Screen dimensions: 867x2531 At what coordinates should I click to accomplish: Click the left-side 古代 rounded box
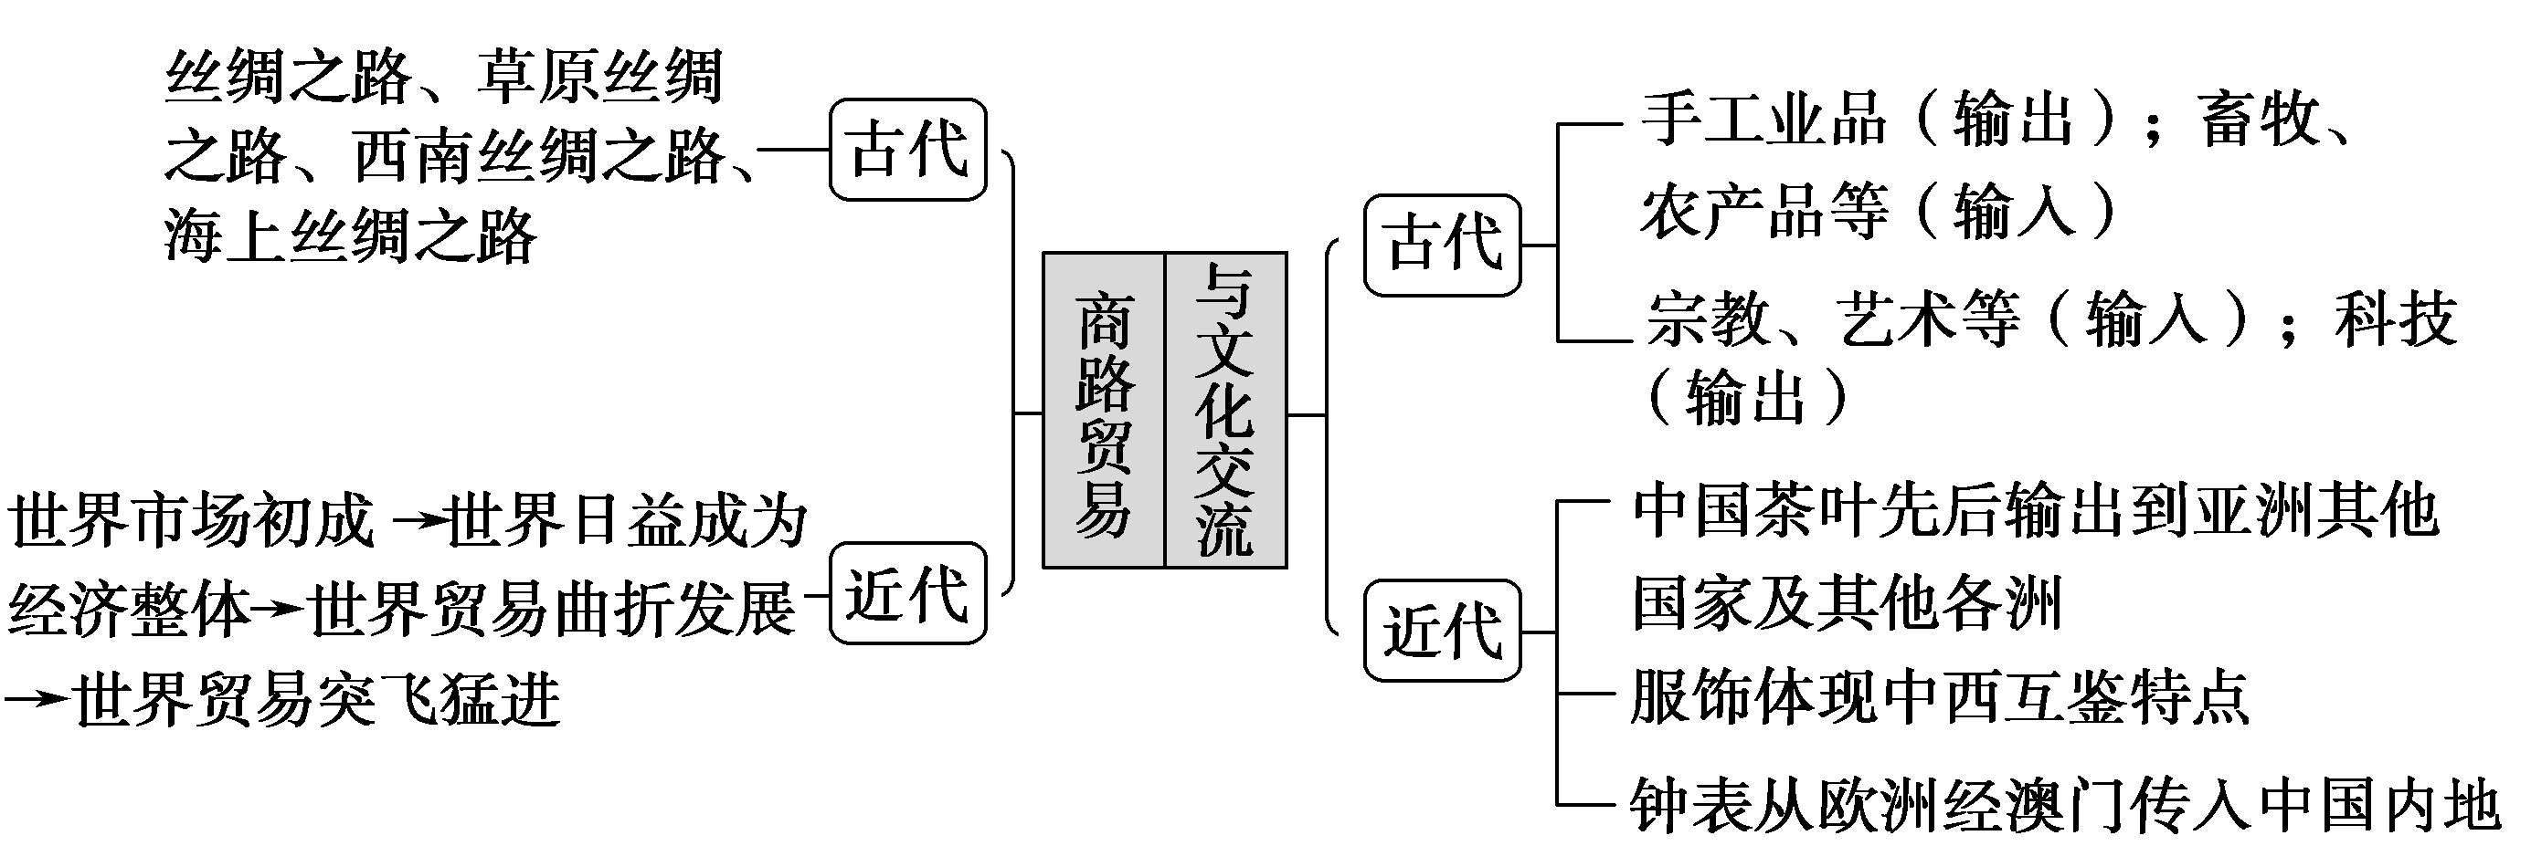coord(907,150)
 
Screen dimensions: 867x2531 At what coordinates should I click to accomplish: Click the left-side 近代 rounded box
coord(907,593)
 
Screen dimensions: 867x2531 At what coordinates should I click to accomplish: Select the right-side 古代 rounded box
coord(1441,245)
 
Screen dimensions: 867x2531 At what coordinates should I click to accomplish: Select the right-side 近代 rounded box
coord(1441,631)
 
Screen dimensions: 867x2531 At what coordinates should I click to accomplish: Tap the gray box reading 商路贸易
coord(1104,411)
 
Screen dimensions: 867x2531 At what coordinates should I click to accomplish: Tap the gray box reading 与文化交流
coord(1225,411)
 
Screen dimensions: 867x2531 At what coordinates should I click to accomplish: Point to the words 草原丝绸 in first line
coord(601,76)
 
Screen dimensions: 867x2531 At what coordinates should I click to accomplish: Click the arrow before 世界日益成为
coord(418,521)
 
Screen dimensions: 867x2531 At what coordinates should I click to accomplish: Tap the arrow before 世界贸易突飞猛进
coord(37,699)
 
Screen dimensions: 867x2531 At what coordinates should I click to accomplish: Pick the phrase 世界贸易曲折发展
coord(551,610)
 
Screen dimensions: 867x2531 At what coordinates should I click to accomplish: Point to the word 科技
coord(2396,319)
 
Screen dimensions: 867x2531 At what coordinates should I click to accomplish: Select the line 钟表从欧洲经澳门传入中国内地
coord(2063,806)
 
